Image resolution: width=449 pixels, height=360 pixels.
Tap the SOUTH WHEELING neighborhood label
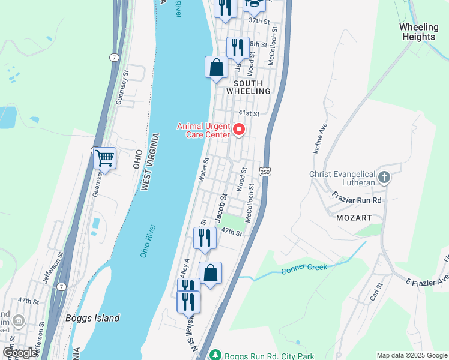click(x=248, y=87)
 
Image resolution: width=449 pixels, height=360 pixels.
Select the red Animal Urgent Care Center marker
click(x=239, y=129)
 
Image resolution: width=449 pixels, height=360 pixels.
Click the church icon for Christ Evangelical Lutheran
click(x=384, y=177)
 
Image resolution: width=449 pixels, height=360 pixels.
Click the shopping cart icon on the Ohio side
click(x=104, y=158)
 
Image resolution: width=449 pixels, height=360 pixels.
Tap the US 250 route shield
click(x=265, y=172)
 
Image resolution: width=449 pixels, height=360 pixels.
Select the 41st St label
click(x=248, y=113)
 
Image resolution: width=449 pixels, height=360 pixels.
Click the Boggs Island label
click(x=92, y=318)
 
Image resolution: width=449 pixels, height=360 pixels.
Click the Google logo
click(x=20, y=353)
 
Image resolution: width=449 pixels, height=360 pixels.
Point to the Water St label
click(x=203, y=169)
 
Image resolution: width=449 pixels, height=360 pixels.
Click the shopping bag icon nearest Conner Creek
click(x=211, y=274)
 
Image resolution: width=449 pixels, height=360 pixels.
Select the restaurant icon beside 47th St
click(x=205, y=238)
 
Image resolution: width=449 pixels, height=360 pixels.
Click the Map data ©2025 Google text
click(x=411, y=355)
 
